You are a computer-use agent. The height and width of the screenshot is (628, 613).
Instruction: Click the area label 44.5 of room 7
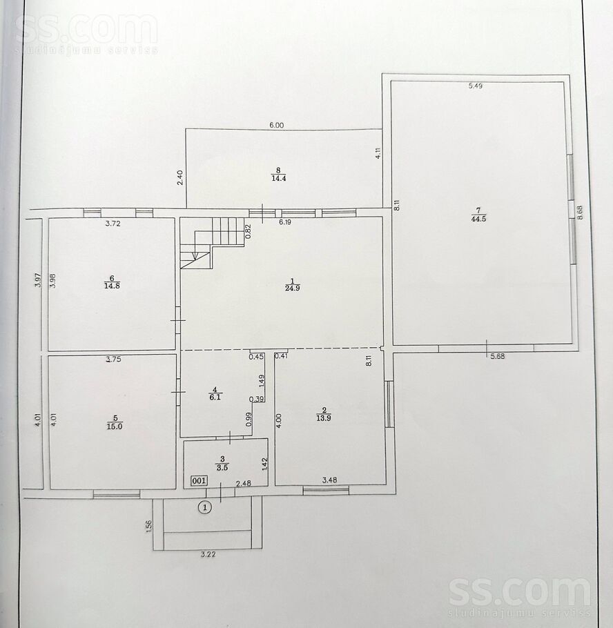[x=479, y=219]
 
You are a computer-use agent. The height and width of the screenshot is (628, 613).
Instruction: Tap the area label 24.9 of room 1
[x=293, y=288]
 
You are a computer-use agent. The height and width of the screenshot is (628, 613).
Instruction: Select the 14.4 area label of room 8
[x=278, y=179]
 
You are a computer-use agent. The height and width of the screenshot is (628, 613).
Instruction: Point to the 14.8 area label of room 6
[x=112, y=286]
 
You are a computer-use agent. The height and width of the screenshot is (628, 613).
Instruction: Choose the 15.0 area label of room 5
[x=114, y=426]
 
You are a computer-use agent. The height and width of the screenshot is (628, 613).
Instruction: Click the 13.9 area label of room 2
[x=323, y=418]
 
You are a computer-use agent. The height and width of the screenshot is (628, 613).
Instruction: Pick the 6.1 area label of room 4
[x=215, y=398]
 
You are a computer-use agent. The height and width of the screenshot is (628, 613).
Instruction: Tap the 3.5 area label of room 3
[x=222, y=467]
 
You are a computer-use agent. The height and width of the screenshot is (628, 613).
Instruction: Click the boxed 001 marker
[x=199, y=480]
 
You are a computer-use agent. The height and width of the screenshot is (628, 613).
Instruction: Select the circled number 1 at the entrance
[x=205, y=508]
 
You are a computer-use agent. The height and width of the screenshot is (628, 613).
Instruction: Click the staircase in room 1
[x=212, y=243]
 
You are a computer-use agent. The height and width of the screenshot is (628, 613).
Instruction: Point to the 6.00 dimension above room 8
[x=276, y=126]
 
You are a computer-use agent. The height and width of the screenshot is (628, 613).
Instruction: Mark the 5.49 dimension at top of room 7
[x=476, y=86]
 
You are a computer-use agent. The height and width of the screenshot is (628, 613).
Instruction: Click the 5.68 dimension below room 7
[x=498, y=356]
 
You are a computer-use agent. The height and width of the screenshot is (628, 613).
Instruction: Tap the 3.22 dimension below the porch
[x=208, y=554]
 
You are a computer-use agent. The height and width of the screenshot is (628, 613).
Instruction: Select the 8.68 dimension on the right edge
[x=580, y=213]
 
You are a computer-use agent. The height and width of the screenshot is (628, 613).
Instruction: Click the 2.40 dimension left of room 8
[x=180, y=177]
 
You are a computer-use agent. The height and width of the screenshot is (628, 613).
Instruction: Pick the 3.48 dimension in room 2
[x=330, y=480]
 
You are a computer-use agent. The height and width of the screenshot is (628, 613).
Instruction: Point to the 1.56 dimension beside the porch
[x=149, y=527]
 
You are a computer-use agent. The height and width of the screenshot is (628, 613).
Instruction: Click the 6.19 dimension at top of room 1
[x=285, y=222]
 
